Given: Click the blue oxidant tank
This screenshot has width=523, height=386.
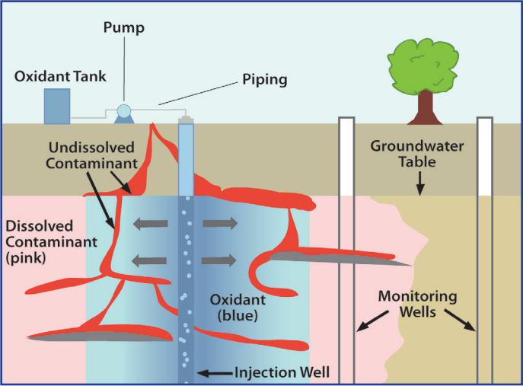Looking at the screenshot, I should coord(57,106).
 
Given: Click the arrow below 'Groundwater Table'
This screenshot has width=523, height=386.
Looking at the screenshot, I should coord(418,183).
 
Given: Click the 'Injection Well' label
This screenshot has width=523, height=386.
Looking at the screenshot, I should coord(282,372).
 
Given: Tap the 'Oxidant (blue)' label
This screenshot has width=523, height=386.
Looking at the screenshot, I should coord(229,305).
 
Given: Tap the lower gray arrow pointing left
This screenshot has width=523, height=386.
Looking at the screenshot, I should coord(148,260).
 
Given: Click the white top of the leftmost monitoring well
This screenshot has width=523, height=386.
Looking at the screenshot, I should coord(347,157).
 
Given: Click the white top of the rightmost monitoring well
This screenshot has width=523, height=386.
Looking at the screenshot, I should coord(485,157).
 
